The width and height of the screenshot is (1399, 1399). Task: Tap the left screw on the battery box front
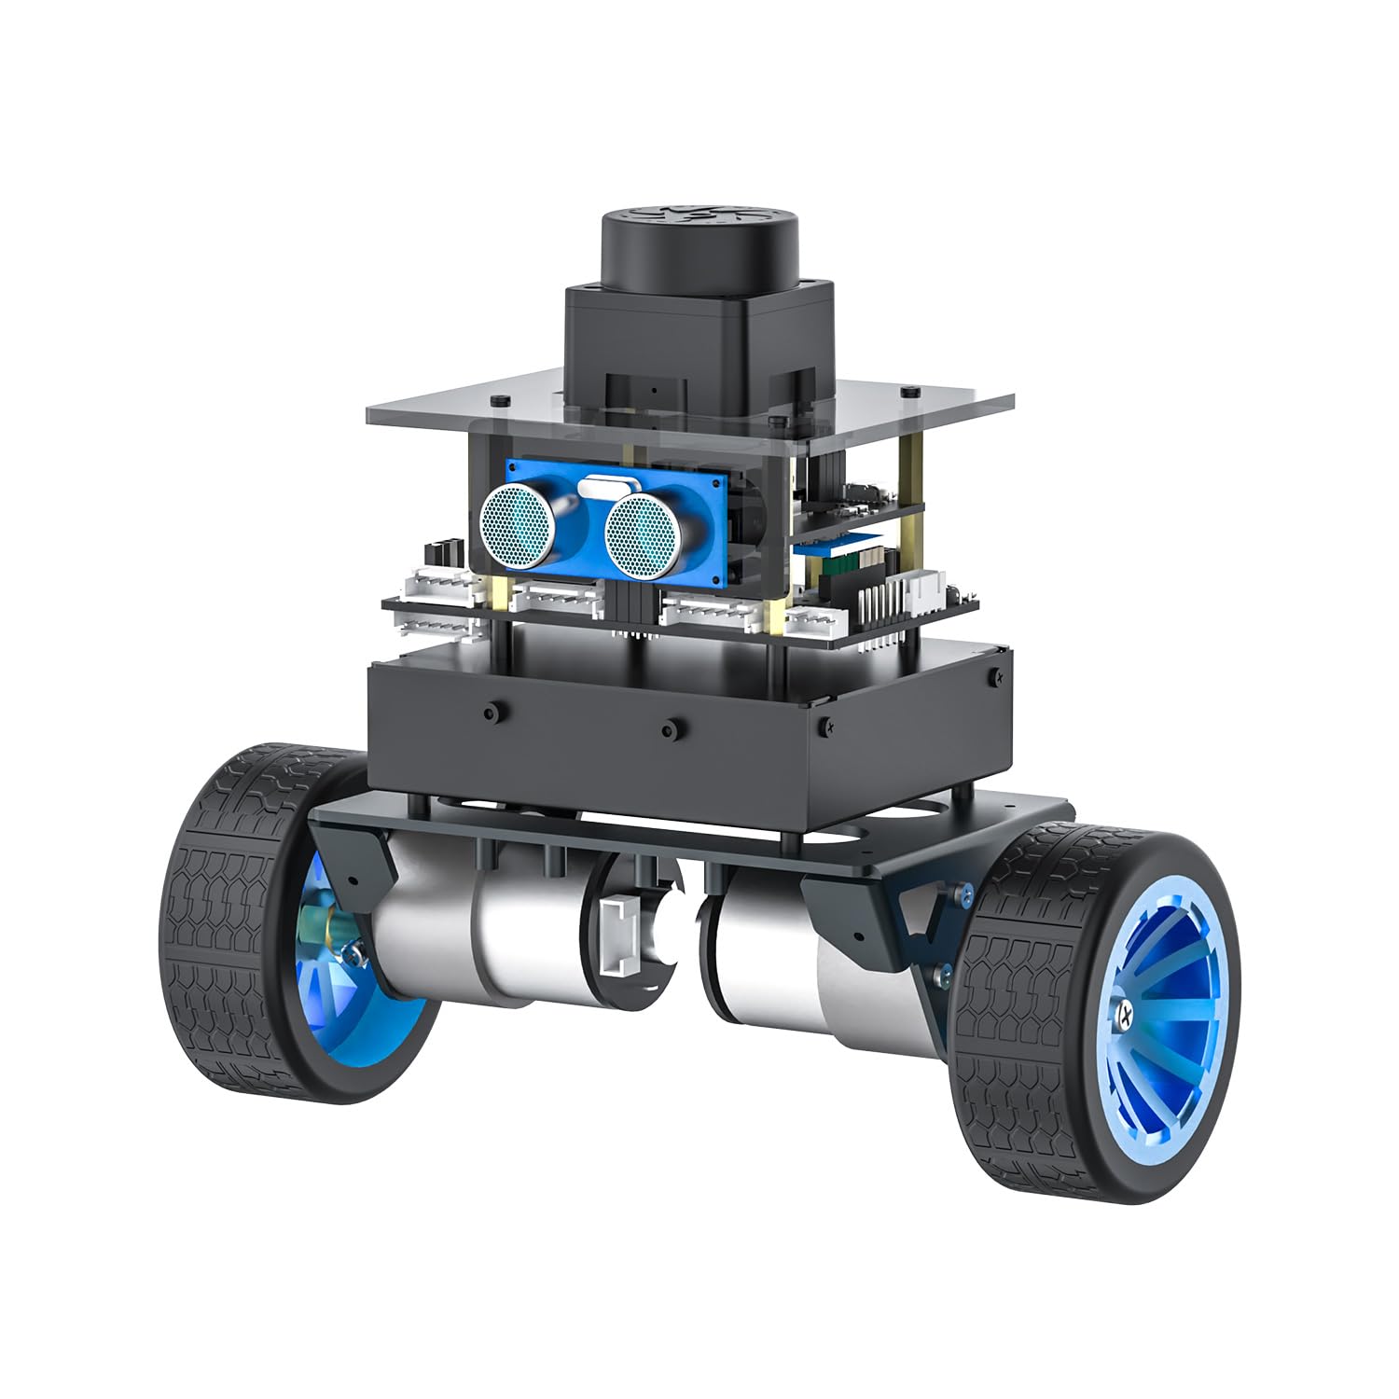pyautogui.click(x=490, y=713)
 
